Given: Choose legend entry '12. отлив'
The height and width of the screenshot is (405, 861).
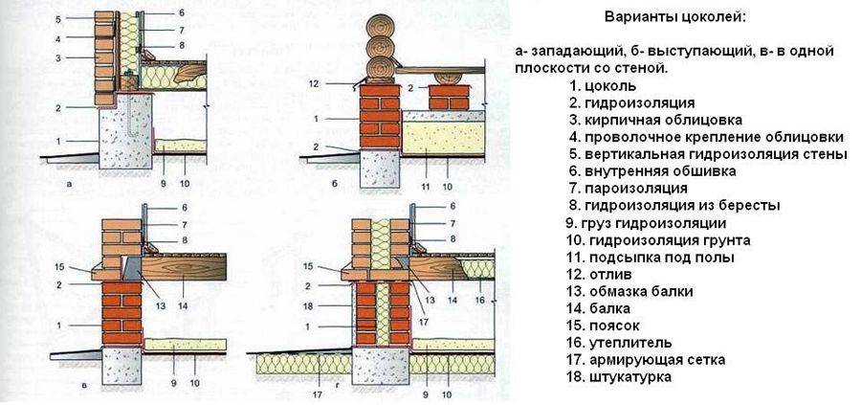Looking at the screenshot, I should pos(600,274).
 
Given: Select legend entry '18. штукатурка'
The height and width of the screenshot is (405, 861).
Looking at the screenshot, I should pos(618,377).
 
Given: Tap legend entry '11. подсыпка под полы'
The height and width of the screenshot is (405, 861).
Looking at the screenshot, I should pos(636,257).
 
